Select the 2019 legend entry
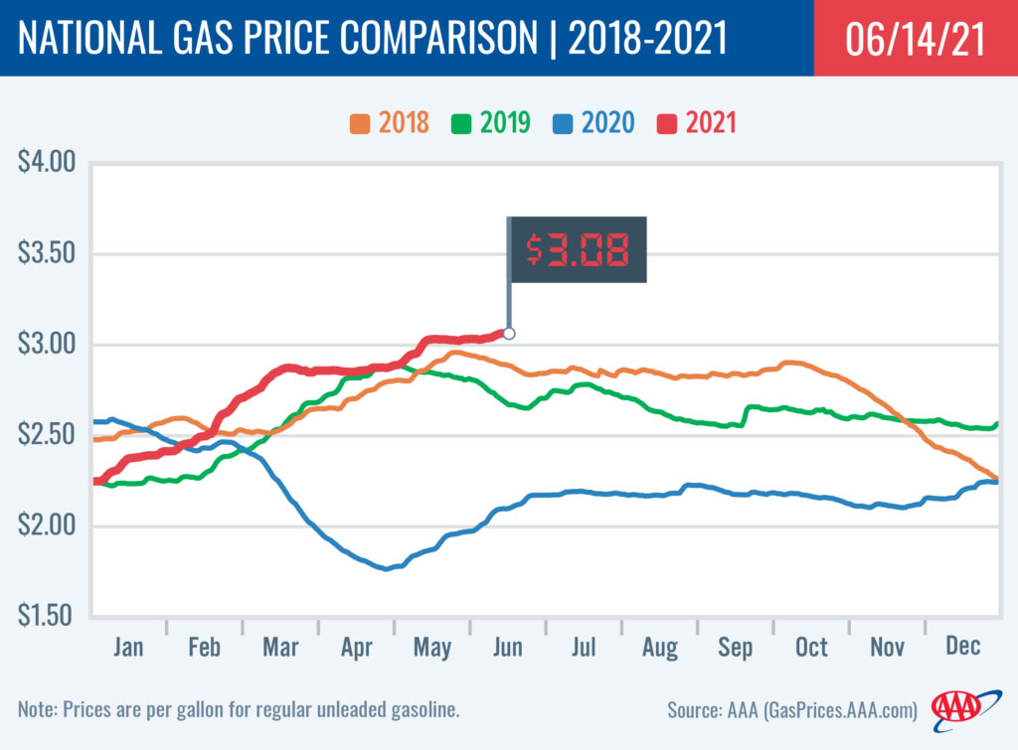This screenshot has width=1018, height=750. tap(491, 123)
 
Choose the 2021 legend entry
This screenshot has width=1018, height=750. tap(697, 123)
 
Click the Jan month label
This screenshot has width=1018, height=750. tap(128, 647)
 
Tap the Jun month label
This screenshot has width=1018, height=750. tap(507, 647)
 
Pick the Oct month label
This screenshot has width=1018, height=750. tap(810, 647)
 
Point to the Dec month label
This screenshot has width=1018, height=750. tap(962, 647)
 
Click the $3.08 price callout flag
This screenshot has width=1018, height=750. tap(578, 250)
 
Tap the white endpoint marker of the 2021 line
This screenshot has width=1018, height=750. tap(509, 334)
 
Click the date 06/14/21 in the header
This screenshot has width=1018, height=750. tap(916, 39)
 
